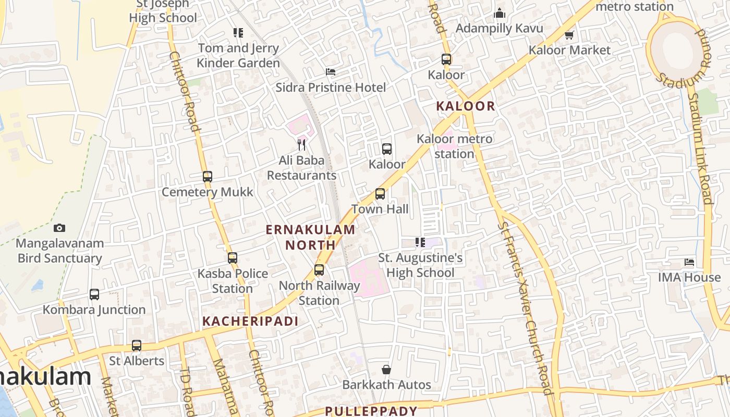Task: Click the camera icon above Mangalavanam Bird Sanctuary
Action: [x=59, y=228]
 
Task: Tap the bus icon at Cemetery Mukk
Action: [x=208, y=177]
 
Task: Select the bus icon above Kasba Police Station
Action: [x=233, y=258]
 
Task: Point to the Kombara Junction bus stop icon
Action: [x=94, y=295]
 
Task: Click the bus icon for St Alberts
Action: [x=137, y=346]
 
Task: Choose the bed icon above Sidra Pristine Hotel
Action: [x=331, y=72]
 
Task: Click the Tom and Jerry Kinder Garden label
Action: [x=238, y=55]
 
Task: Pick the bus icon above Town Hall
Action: [x=380, y=194]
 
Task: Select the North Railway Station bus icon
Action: [x=319, y=270]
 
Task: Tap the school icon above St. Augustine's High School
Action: [x=420, y=242]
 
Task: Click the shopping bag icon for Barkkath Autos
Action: [x=386, y=370]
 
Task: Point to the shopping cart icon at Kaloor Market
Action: [x=569, y=35]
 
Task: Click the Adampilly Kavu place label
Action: [x=499, y=28]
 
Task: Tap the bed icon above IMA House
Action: [x=689, y=262]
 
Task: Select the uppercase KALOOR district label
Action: [x=465, y=106]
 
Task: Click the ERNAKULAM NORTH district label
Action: [x=311, y=237]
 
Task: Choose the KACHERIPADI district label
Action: [x=250, y=321]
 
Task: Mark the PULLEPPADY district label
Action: [x=371, y=411]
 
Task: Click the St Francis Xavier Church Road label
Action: [x=525, y=308]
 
